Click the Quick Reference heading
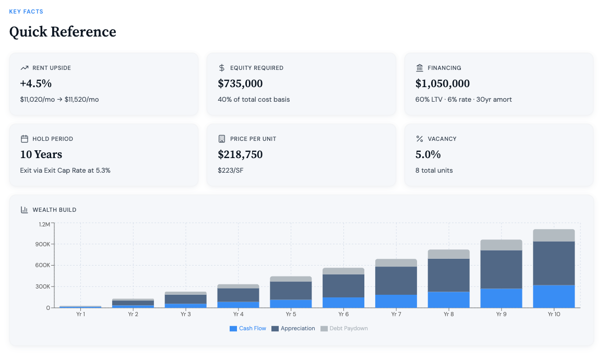(63, 32)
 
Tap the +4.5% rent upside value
(35, 83)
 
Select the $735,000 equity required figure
(240, 83)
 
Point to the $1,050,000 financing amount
(443, 83)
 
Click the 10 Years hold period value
(41, 154)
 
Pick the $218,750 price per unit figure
(240, 154)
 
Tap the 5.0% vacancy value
(428, 154)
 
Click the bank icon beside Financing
(420, 68)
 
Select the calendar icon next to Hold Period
(24, 139)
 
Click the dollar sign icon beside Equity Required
(222, 68)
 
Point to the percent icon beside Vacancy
(420, 139)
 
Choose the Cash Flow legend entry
(248, 329)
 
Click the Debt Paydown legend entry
(344, 329)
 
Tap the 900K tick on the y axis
(43, 244)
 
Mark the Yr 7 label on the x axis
(396, 315)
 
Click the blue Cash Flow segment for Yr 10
(554, 296)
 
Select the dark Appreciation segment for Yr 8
(449, 275)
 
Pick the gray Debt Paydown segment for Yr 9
(501, 245)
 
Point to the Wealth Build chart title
(54, 210)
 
